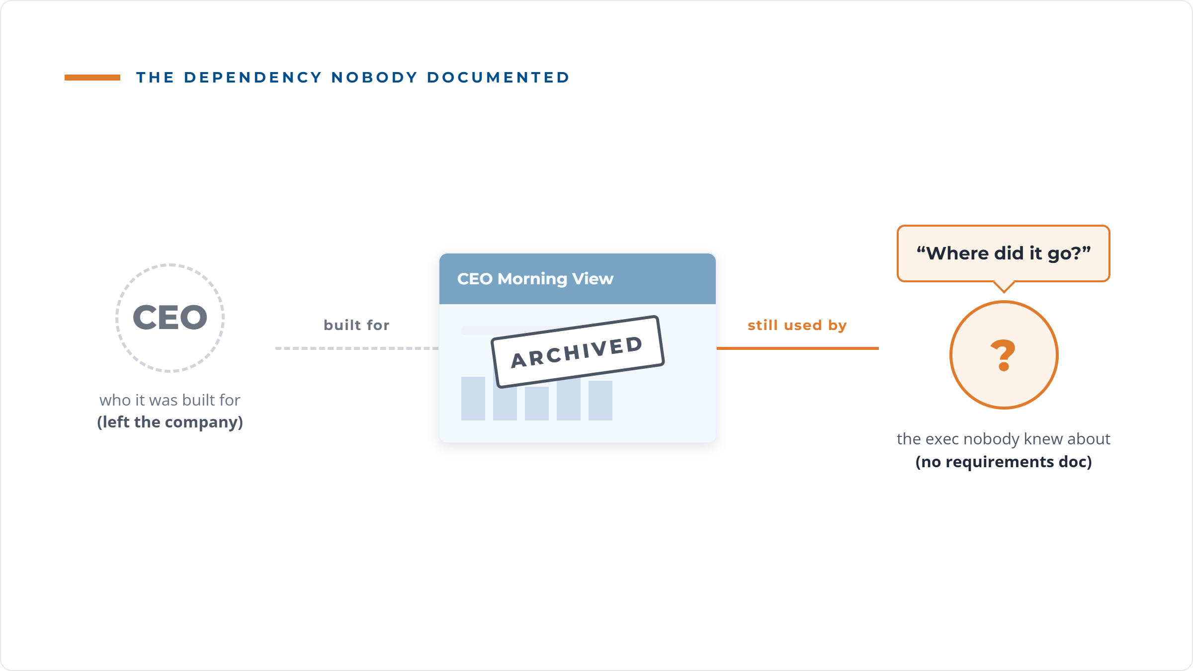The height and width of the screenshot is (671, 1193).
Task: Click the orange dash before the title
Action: (x=92, y=78)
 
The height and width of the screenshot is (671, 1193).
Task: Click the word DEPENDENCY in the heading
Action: (x=253, y=78)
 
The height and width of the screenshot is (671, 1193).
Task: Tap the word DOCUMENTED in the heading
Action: (x=498, y=78)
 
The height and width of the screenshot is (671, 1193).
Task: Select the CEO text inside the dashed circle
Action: (x=170, y=317)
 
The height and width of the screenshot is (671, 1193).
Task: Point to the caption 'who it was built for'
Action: (x=170, y=400)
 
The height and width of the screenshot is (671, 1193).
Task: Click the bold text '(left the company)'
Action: (x=170, y=422)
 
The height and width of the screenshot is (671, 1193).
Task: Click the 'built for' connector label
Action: (x=356, y=325)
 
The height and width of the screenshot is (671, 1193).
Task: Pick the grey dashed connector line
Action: (x=357, y=348)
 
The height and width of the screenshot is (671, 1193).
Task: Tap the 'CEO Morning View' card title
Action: (x=535, y=279)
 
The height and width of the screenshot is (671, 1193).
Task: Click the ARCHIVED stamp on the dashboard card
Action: (x=578, y=352)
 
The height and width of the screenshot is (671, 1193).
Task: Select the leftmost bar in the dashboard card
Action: (x=473, y=399)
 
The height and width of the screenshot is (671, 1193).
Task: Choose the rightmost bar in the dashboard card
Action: (x=600, y=401)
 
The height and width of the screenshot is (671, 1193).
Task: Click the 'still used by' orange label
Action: (x=797, y=325)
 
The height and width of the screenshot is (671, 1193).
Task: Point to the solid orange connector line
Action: (x=798, y=348)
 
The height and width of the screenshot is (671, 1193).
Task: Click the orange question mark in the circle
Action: (x=1003, y=355)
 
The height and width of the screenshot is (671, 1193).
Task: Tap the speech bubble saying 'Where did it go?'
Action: (x=1004, y=253)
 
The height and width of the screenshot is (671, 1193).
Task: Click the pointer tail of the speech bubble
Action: (x=1004, y=287)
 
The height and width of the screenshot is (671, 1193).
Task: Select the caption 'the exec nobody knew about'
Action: (x=1004, y=439)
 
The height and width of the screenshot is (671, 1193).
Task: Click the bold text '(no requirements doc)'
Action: (x=1004, y=462)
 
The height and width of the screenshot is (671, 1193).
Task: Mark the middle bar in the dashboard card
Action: (x=537, y=404)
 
